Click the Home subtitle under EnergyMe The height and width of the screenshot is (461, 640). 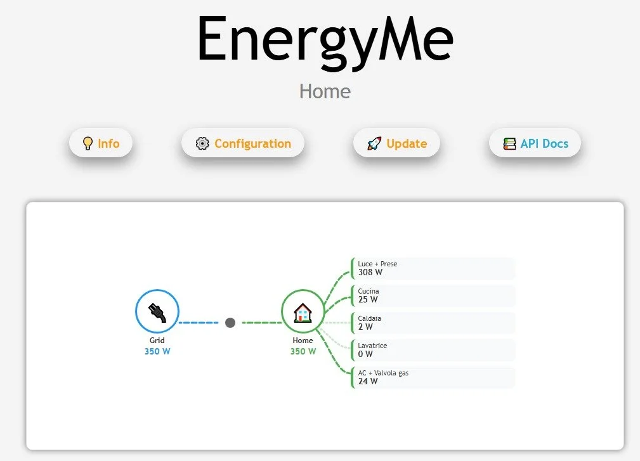[x=325, y=91]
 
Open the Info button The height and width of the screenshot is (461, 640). [x=101, y=143]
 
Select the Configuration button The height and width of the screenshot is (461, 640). [x=243, y=143]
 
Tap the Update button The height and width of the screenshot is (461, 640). [x=396, y=143]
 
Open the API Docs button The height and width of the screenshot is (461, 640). [x=535, y=143]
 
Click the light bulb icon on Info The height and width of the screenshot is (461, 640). [x=88, y=143]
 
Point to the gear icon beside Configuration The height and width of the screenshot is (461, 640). [x=202, y=143]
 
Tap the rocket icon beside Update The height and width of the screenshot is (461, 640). [x=374, y=144]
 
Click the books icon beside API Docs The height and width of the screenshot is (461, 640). [x=509, y=144]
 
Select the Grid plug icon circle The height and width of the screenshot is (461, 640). [x=157, y=311]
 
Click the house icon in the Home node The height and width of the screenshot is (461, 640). [x=303, y=311]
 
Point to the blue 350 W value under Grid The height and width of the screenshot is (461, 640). [x=157, y=351]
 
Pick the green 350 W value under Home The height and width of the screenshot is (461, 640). [x=303, y=351]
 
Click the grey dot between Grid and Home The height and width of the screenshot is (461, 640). [x=230, y=323]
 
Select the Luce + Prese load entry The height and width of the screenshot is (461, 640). [x=433, y=268]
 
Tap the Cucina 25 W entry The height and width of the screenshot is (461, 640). [x=433, y=295]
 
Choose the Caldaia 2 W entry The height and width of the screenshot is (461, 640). [x=433, y=323]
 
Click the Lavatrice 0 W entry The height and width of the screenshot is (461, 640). [x=433, y=350]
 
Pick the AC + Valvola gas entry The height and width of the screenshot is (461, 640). [x=433, y=377]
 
